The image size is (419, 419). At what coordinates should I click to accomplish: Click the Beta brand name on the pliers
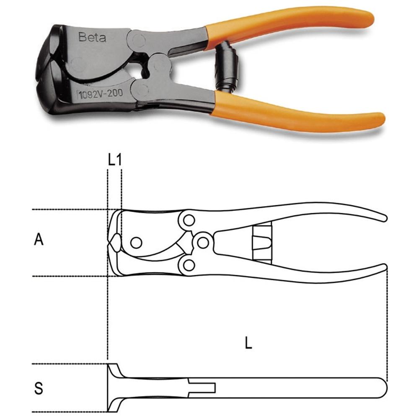(x=92, y=37)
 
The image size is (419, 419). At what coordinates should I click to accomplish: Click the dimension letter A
(x=39, y=239)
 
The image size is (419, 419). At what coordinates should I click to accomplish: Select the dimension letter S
(x=39, y=388)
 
